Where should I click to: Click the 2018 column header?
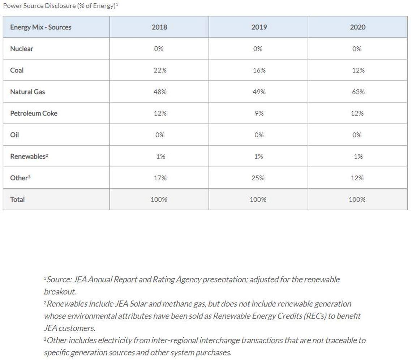click(x=159, y=27)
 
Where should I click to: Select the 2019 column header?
click(x=258, y=27)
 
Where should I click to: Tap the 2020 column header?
click(x=357, y=27)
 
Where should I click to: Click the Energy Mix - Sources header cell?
click(x=40, y=27)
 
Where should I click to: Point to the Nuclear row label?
click(x=22, y=48)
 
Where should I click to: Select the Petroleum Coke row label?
click(x=34, y=113)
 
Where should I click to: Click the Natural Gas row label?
click(x=27, y=92)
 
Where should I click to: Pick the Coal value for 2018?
click(x=159, y=70)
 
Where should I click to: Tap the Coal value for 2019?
click(x=258, y=70)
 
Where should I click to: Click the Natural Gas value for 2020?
click(x=357, y=92)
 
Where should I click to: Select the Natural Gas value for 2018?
click(x=159, y=92)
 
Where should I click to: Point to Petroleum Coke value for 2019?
click(x=258, y=113)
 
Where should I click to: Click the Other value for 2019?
click(x=258, y=178)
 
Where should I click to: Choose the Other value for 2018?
click(x=159, y=178)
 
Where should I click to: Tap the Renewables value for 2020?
click(x=357, y=156)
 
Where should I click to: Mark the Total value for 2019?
click(x=258, y=199)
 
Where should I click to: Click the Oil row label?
click(x=14, y=135)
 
